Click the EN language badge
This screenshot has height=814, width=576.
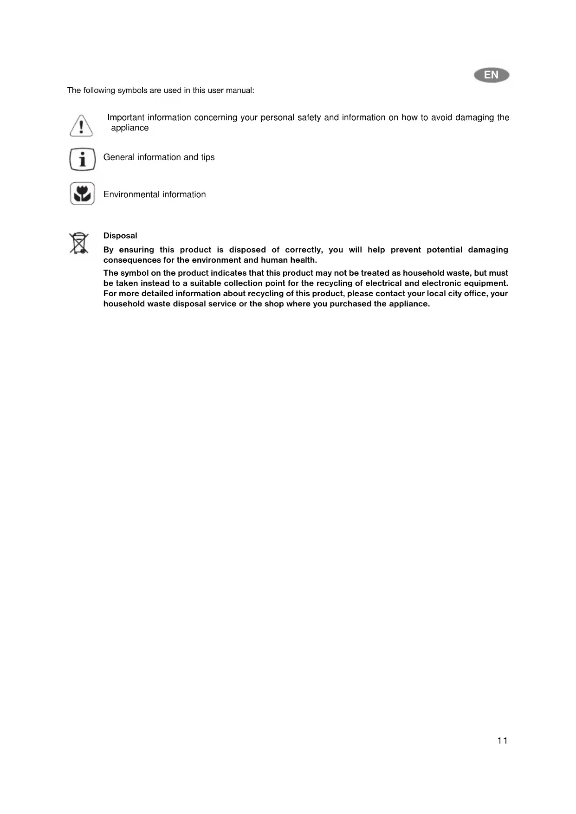coord(492,75)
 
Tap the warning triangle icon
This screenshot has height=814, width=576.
coord(81,125)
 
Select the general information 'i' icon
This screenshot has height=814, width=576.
coord(82,160)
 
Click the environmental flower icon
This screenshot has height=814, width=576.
coord(82,194)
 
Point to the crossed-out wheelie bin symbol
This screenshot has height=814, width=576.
coord(79,243)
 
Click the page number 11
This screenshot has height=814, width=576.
coord(502,741)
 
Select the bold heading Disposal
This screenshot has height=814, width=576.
coord(120,236)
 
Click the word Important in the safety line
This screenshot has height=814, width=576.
coord(126,117)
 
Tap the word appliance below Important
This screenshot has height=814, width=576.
coord(130,128)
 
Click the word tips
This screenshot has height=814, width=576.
coord(207,157)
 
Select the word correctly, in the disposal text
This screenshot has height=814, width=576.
coord(304,250)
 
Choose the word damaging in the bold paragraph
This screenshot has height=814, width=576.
coord(488,250)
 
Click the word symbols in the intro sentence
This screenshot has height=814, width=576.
coord(132,90)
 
